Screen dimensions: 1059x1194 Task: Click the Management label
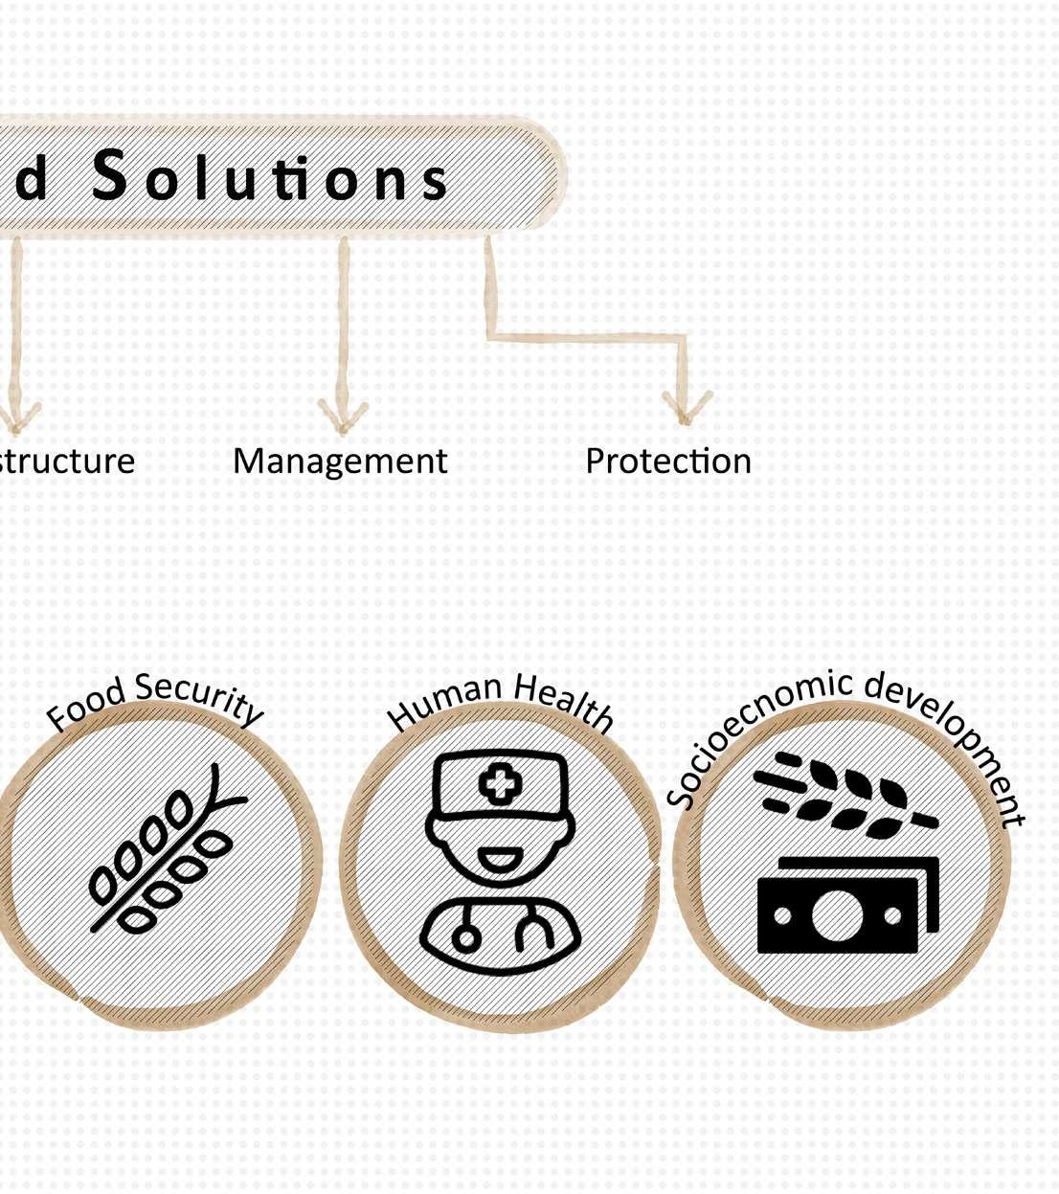tap(340, 462)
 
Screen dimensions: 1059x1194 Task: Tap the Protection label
tap(668, 462)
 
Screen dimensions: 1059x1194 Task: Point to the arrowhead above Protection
tap(685, 407)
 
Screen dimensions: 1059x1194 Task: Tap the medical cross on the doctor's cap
tap(500, 785)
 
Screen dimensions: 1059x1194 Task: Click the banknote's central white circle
tap(837, 914)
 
